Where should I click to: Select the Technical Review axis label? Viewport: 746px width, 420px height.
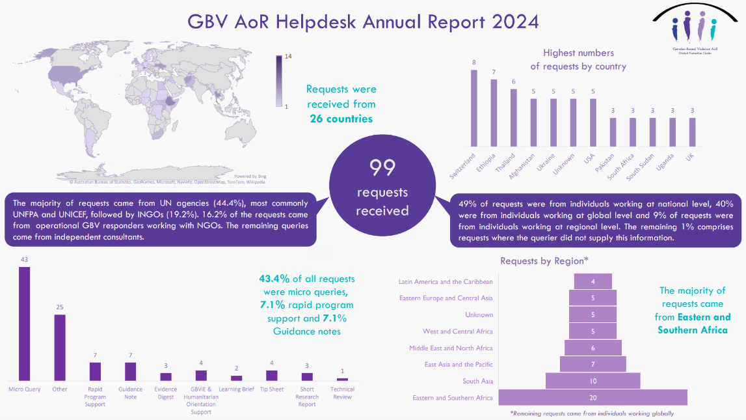click(342, 393)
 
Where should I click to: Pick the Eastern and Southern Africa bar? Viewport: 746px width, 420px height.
click(593, 398)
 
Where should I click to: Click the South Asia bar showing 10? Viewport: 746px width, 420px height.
click(593, 381)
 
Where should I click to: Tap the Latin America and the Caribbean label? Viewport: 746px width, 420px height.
click(446, 282)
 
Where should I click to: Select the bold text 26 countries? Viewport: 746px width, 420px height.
click(341, 119)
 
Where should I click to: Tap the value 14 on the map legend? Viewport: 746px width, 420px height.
click(288, 57)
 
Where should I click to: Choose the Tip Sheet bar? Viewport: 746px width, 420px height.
click(272, 375)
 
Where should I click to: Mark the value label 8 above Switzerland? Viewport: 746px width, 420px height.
click(473, 63)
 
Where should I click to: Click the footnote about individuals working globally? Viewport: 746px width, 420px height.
click(593, 413)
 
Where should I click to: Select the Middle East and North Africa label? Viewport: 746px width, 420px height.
click(451, 348)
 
